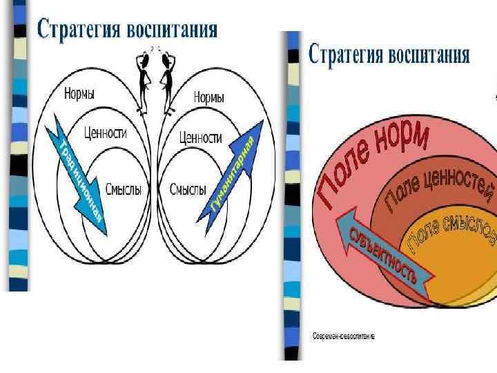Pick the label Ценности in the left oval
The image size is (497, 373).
pos(105,133)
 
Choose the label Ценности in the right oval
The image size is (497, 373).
pos(200,137)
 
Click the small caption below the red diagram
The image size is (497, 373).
pos(343,336)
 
